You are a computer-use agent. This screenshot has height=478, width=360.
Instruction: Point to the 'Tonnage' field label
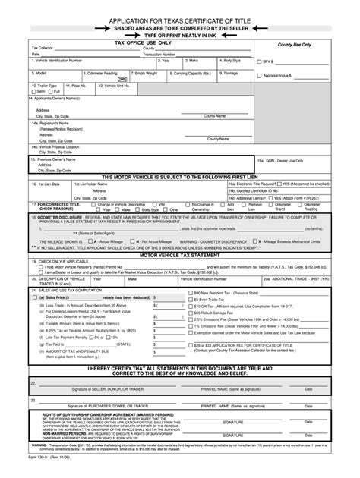(x=230, y=73)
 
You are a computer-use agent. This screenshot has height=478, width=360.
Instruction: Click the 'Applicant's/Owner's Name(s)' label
(x=53, y=99)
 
